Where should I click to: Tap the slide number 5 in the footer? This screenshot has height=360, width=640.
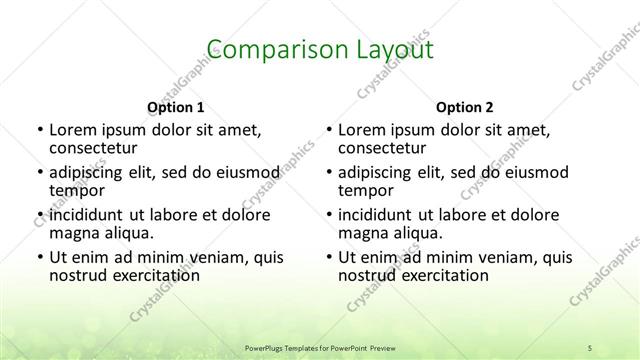click(x=591, y=347)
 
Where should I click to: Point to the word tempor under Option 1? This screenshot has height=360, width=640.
click(x=77, y=190)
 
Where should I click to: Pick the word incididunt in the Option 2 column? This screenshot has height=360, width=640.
click(x=381, y=215)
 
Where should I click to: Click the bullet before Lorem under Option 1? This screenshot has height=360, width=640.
click(x=39, y=130)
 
